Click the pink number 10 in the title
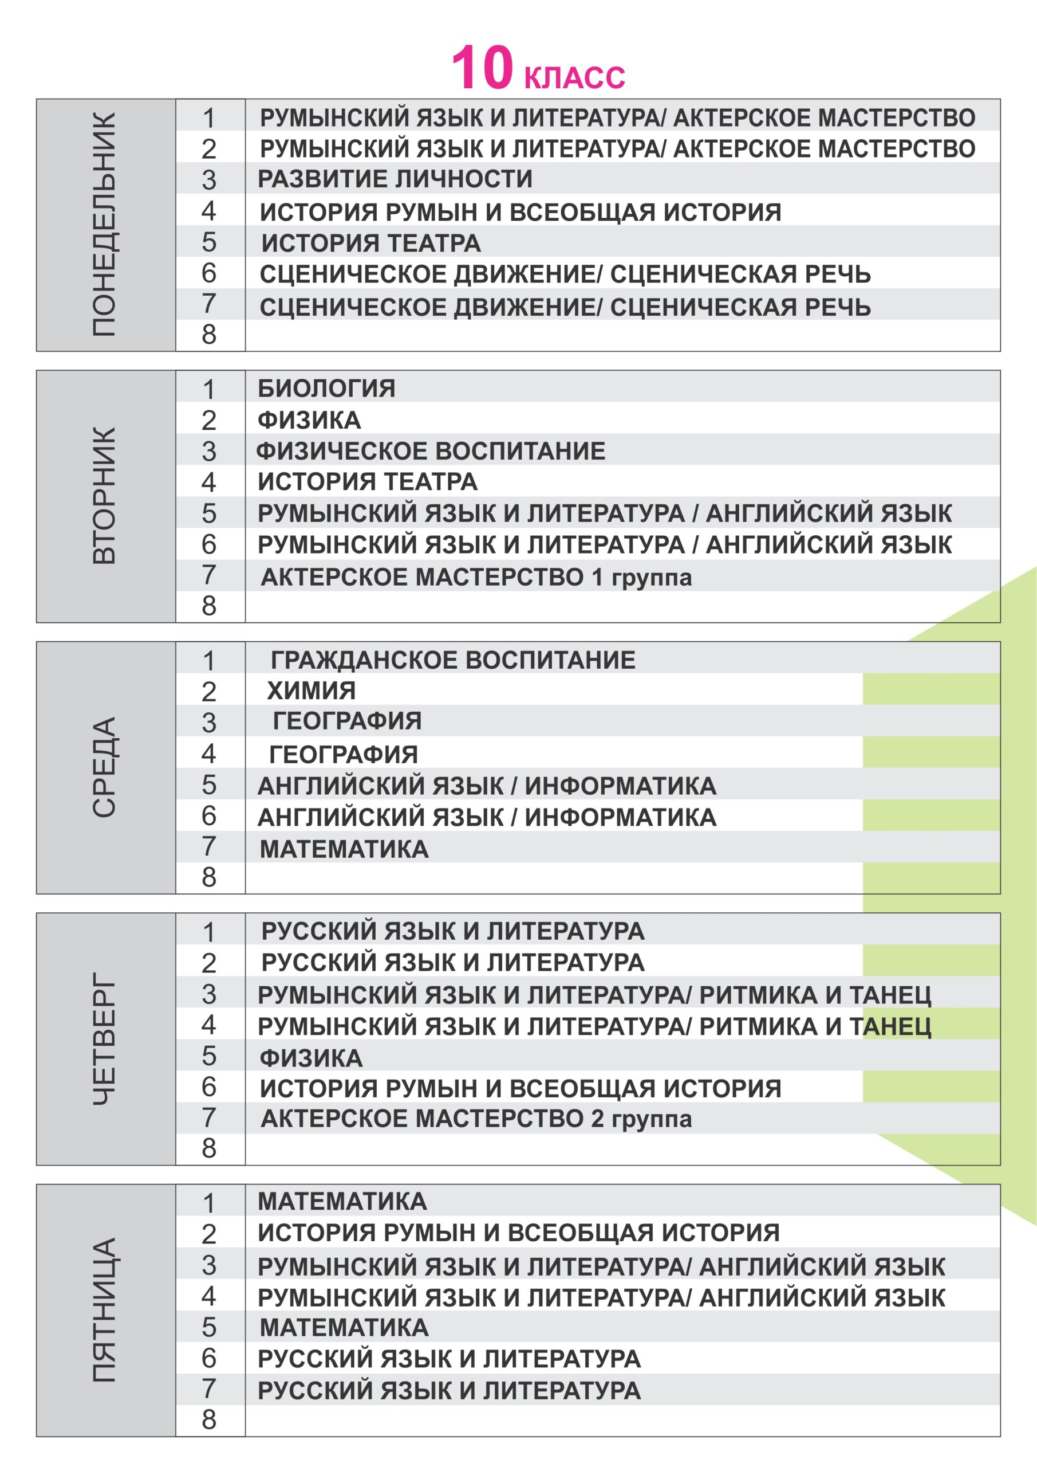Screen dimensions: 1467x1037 [482, 68]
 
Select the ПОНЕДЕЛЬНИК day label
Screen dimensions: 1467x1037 [105, 225]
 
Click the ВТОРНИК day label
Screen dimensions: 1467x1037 [105, 496]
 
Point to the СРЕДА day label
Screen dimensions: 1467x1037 [105, 767]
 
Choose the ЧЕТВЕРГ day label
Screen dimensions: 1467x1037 [105, 1038]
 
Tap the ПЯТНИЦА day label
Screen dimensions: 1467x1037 [105, 1311]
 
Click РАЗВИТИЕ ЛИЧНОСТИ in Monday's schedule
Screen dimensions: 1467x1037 [395, 179]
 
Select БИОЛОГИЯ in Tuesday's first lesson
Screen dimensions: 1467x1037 [326, 389]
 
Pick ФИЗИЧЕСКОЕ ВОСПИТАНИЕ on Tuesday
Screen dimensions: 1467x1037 [431, 451]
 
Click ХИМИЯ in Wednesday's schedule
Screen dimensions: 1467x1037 [311, 691]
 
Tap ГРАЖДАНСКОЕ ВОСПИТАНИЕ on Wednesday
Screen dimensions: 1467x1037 [453, 660]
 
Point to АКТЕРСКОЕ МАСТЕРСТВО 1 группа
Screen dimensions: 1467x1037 [476, 577]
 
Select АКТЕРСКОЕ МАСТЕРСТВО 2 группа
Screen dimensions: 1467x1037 [476, 1119]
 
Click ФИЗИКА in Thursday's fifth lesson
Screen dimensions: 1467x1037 [311, 1058]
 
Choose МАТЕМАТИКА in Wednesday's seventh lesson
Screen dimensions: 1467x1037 [344, 849]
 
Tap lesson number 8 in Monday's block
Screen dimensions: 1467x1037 [209, 334]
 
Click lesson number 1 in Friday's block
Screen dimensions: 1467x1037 [209, 1203]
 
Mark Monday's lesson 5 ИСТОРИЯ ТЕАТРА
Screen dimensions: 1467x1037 [371, 244]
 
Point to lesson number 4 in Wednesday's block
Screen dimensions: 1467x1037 [209, 754]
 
